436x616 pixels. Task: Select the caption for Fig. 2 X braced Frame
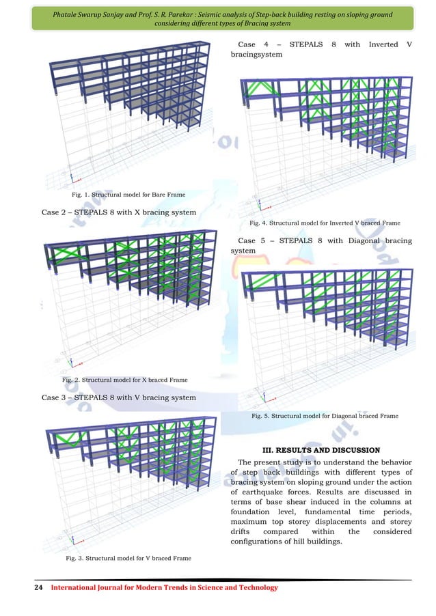click(x=124, y=380)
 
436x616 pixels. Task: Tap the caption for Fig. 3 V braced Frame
click(x=127, y=558)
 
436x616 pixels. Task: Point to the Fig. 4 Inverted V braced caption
click(x=325, y=223)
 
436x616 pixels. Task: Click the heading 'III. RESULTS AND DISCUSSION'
click(x=321, y=450)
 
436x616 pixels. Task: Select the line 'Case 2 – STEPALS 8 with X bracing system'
click(x=119, y=212)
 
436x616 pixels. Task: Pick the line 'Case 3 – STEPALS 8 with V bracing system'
click(x=119, y=397)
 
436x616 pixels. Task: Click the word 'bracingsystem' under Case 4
click(x=257, y=54)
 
